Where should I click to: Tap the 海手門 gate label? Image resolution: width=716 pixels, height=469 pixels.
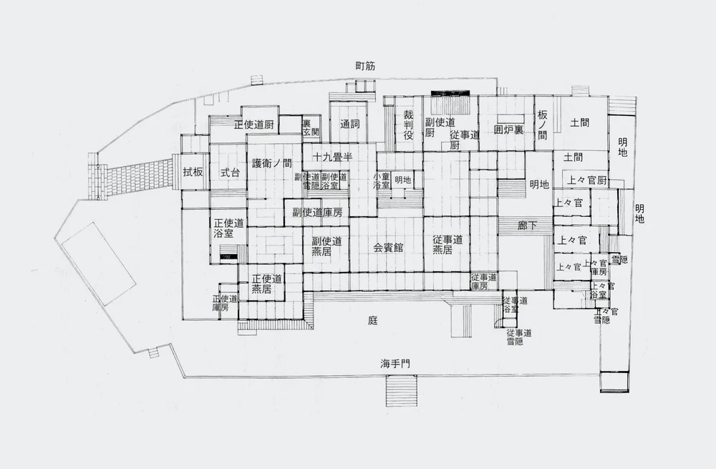[396, 363]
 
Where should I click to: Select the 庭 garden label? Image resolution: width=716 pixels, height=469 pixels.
[372, 321]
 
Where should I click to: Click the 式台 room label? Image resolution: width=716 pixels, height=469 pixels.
[229, 172]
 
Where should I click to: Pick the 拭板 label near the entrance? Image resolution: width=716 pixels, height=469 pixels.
[193, 172]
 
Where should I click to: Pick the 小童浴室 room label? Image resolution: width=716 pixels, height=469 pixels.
[381, 180]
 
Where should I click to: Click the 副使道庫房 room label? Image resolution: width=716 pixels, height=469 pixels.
[317, 212]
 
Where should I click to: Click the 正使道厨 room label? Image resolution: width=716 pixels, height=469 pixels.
[255, 124]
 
